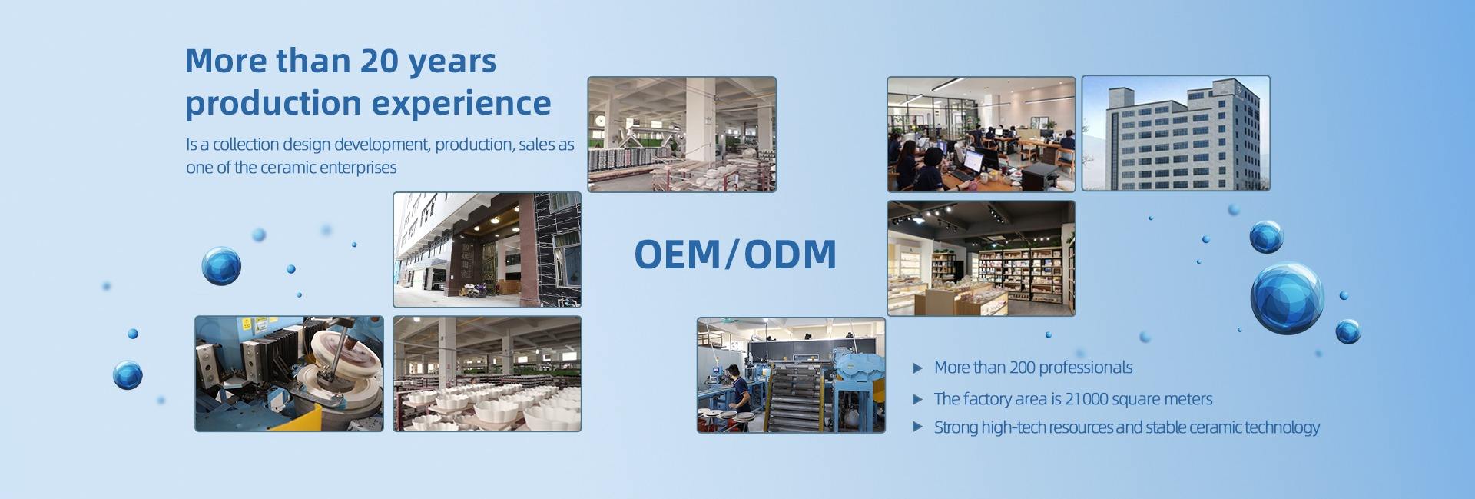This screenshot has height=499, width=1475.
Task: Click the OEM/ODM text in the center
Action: tap(735, 254)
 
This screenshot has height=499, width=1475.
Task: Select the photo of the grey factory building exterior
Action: tap(1175, 133)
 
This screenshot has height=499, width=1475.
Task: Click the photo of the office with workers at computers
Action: tap(981, 134)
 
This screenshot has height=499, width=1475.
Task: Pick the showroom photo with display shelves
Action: tap(981, 258)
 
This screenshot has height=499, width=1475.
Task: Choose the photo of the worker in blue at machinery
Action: tap(791, 375)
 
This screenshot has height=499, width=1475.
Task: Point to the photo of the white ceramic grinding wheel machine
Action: tap(289, 374)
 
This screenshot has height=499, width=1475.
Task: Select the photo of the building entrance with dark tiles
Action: tap(487, 250)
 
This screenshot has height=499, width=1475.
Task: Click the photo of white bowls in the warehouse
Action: tap(487, 374)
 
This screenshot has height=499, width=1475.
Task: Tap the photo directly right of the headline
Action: tap(681, 134)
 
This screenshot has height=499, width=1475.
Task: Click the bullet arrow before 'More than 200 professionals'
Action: tap(916, 368)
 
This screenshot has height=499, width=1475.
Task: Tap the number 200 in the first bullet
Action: tap(1023, 368)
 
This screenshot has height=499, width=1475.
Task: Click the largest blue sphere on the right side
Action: tap(1287, 298)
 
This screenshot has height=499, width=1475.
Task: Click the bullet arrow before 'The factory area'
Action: tap(916, 399)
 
